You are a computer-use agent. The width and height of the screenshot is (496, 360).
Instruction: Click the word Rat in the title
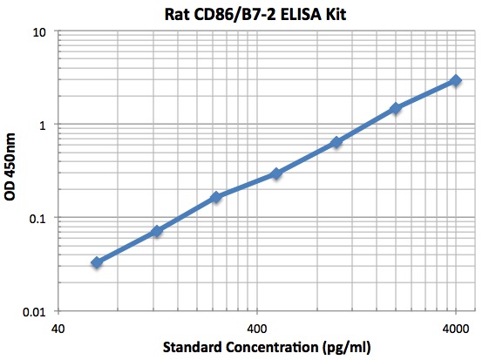coord(177,13)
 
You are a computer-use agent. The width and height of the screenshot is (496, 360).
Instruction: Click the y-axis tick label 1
coord(44,125)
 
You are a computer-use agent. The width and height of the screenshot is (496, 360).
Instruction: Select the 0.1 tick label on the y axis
coord(38,218)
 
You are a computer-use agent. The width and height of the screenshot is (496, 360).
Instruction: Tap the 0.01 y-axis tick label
coord(35,311)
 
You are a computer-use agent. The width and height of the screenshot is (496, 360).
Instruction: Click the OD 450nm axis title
coord(11,172)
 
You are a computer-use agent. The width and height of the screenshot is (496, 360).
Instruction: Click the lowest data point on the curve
coord(97,262)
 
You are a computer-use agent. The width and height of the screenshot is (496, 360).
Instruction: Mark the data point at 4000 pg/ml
coord(456,80)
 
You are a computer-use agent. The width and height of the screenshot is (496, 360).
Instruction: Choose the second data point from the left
coord(157,231)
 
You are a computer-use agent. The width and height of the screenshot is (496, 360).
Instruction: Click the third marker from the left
coord(216,197)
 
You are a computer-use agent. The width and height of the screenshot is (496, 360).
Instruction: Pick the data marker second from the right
coord(396,108)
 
